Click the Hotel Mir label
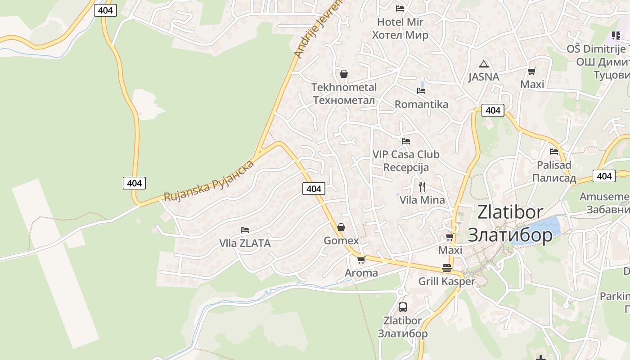pos(400,22)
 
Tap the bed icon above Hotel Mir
pos(400,9)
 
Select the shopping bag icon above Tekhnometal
pos(344,74)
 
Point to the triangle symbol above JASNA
pos(484,64)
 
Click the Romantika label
pos(421,104)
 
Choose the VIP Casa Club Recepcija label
pos(406,161)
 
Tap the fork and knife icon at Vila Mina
pos(422,186)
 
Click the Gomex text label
pos(341,241)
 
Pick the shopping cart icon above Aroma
pos(361,260)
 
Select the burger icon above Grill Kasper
pos(447,268)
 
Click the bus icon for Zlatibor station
pos(403,307)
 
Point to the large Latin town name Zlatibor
pos(510,212)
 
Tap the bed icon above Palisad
pos(554,152)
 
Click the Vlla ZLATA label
pos(245,243)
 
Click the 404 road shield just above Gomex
pos(313,189)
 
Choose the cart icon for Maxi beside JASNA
pos(532,71)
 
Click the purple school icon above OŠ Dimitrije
pos(616,36)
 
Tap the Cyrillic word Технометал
pos(344,100)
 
